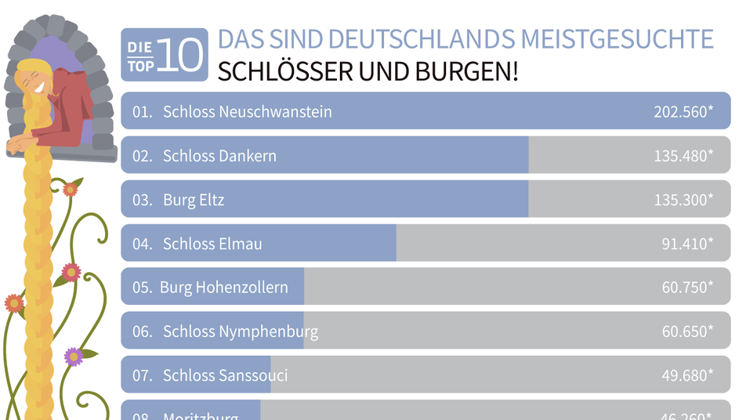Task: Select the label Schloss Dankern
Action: click(219, 156)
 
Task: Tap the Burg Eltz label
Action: click(194, 200)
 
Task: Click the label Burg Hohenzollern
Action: click(224, 288)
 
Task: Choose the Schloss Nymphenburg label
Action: click(241, 331)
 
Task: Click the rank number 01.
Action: click(142, 112)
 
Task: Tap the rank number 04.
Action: click(142, 244)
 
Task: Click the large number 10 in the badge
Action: click(179, 56)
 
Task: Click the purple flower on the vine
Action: click(74, 357)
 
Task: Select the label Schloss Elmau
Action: click(212, 244)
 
